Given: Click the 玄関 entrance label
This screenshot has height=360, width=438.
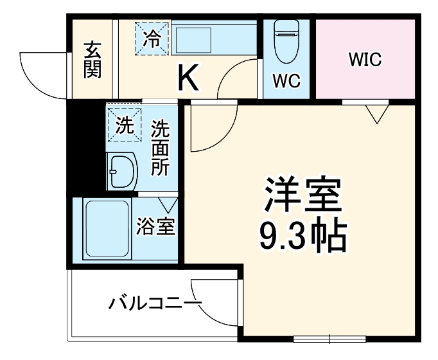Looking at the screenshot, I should (x=92, y=59).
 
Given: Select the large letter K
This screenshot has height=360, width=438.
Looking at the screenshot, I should (x=188, y=78).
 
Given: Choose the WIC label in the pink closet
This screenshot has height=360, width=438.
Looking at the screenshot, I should (x=365, y=60).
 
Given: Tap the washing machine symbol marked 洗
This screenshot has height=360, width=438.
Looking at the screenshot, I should (x=124, y=123).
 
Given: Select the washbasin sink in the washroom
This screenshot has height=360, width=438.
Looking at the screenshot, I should (x=123, y=172).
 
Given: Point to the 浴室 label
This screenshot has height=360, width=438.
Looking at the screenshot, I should (x=156, y=227).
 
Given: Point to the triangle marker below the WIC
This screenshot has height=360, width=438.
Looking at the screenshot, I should (x=378, y=114).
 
